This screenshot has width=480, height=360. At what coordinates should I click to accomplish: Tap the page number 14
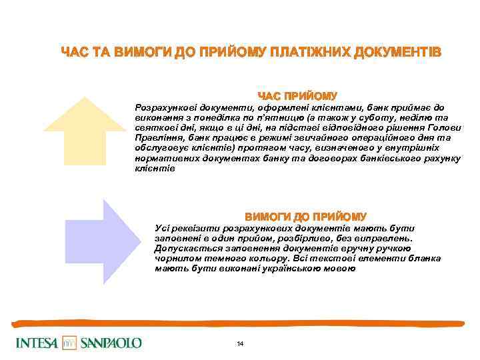click(x=240, y=343)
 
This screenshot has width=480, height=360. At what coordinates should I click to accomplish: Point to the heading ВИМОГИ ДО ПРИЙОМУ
click(x=305, y=217)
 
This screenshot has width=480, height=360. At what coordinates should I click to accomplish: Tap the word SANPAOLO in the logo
click(x=111, y=343)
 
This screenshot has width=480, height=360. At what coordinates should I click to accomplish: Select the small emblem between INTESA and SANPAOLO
click(x=70, y=343)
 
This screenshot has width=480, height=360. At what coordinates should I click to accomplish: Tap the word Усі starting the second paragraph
click(x=163, y=227)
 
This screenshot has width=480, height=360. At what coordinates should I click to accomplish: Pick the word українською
click(x=295, y=269)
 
